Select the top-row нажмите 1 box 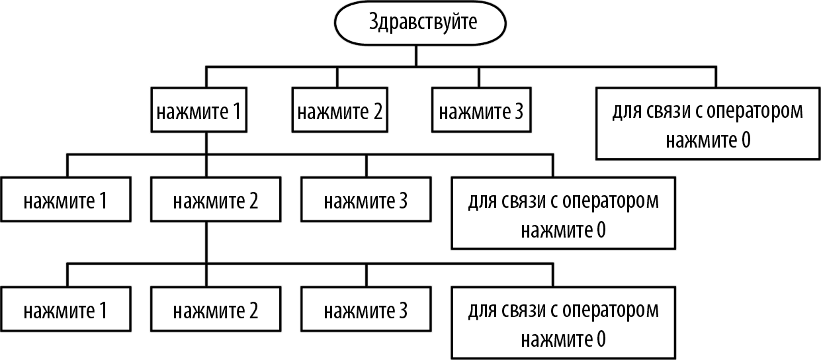pos(198,111)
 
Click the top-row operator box pos(708,125)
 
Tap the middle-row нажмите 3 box pos(366,200)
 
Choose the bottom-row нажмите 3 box pos(366,310)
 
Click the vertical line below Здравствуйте pos(415,56)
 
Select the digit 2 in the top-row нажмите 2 pos(377,111)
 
